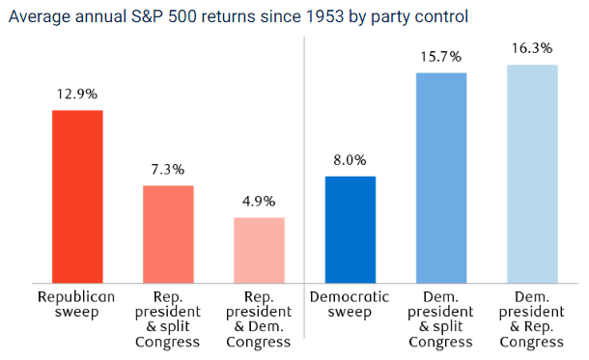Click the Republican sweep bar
pyautogui.click(x=77, y=197)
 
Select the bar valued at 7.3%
pyautogui.click(x=168, y=235)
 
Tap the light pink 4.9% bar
pyautogui.click(x=259, y=250)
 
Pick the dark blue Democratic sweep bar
pyautogui.click(x=351, y=230)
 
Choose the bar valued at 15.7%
pyautogui.click(x=441, y=178)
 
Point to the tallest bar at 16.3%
pyautogui.click(x=532, y=174)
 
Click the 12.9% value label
pyautogui.click(x=77, y=94)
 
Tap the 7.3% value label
pyautogui.click(x=168, y=170)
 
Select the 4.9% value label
pyautogui.click(x=259, y=202)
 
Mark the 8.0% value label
pyautogui.click(x=350, y=160)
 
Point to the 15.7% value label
pyautogui.click(x=440, y=57)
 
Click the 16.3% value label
pyautogui.click(x=532, y=48)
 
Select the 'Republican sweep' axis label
pyautogui.click(x=76, y=304)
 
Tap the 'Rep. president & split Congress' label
pyautogui.click(x=168, y=319)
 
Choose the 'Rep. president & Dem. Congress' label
pyautogui.click(x=259, y=319)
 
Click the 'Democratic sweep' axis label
pyautogui.click(x=350, y=304)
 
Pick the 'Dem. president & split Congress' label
pyautogui.click(x=440, y=319)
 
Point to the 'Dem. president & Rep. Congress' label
pyautogui.click(x=531, y=319)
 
